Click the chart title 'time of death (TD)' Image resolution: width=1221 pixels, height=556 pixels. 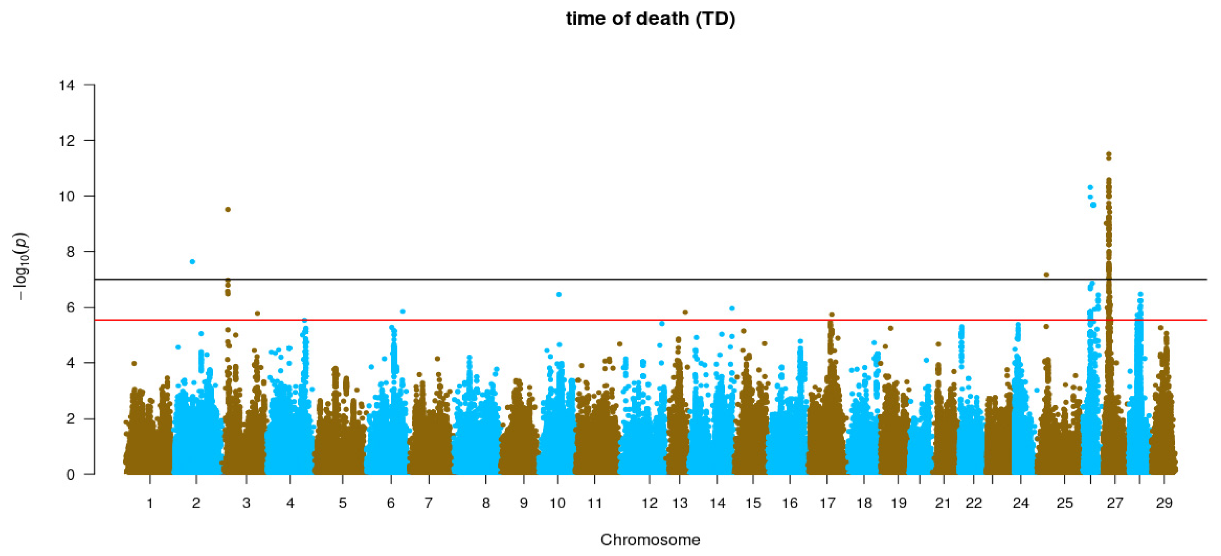tap(650, 19)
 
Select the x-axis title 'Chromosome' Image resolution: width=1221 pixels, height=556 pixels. tap(650, 539)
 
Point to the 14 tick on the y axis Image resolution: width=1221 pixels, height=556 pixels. tap(67, 85)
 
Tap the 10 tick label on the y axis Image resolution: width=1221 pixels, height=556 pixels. tap(67, 196)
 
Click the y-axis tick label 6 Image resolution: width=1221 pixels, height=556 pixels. tap(70, 308)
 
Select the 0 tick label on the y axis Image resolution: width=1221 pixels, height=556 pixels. tap(70, 475)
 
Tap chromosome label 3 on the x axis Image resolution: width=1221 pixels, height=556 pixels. tap(246, 503)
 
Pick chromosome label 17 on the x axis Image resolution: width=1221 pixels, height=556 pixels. tap(827, 503)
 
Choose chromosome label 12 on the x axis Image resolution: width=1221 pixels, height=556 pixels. tap(650, 503)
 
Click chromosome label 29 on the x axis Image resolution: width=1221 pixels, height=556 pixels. tap(1164, 503)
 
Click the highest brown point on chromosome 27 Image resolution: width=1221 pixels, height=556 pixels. tap(1108, 154)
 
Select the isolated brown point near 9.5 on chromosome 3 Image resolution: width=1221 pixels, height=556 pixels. tap(227, 210)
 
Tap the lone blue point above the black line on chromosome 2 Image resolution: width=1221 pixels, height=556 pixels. tap(193, 261)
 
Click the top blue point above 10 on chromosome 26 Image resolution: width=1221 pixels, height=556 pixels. tap(1090, 187)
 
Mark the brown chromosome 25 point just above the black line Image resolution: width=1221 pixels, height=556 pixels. tap(1046, 275)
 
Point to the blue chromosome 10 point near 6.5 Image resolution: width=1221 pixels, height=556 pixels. tap(559, 294)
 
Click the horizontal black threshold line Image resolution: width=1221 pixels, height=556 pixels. tap(616, 280)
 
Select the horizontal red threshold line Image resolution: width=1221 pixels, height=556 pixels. tap(616, 320)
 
